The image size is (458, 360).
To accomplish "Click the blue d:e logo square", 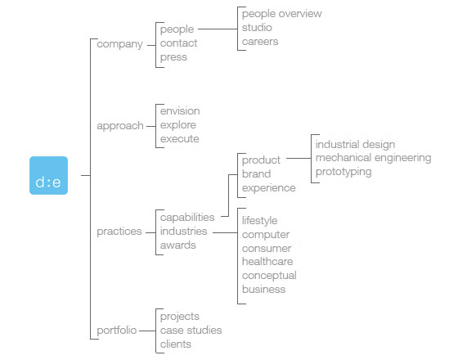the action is pyautogui.click(x=48, y=175).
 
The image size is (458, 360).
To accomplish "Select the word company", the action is pyautogui.click(x=119, y=44).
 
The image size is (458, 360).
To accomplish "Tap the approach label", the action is pyautogui.click(x=120, y=126).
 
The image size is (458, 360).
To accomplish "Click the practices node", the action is pyautogui.click(x=119, y=232).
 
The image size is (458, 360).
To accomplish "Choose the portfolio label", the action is pyautogui.click(x=116, y=331).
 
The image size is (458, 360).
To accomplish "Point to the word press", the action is pyautogui.click(x=173, y=57).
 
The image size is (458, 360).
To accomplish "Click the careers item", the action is pyautogui.click(x=260, y=42).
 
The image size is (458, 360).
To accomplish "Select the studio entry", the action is pyautogui.click(x=257, y=28).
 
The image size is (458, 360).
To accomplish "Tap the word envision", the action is pyautogui.click(x=180, y=111).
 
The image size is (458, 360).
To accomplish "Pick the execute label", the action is pyautogui.click(x=180, y=139).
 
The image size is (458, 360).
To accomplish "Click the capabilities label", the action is pyautogui.click(x=187, y=218).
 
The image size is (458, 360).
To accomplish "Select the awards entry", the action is pyautogui.click(x=178, y=245).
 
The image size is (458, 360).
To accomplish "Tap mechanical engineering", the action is pyautogui.click(x=373, y=158).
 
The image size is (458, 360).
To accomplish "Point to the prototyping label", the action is pyautogui.click(x=343, y=172).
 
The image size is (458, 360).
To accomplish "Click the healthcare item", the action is pyautogui.click(x=267, y=261).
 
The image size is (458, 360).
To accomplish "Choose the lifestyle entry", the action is pyautogui.click(x=260, y=221).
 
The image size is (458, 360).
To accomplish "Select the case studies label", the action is pyautogui.click(x=191, y=331).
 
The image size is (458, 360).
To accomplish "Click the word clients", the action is pyautogui.click(x=176, y=344).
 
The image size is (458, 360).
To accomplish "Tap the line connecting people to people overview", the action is pyautogui.click(x=218, y=29).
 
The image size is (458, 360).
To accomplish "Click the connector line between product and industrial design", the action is pyautogui.click(x=299, y=159).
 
